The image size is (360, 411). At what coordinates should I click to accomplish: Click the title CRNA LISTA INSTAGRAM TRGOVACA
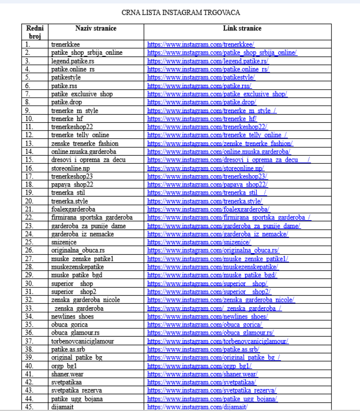point(181,13)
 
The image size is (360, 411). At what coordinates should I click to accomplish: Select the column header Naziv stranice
point(96,28)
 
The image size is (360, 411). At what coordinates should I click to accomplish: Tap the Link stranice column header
point(242,28)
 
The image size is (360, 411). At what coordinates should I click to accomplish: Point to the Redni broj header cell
point(35,32)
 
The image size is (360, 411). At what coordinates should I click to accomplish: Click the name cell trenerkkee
point(65,44)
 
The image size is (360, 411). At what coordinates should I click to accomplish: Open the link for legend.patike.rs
point(208,61)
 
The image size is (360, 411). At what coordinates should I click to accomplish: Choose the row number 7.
point(28,94)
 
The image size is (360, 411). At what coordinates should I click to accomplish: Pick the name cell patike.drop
point(67,102)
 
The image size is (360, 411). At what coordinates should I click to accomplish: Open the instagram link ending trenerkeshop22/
point(207,127)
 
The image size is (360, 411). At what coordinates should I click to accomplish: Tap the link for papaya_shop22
point(207,185)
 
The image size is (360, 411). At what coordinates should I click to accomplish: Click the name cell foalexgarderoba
point(73,209)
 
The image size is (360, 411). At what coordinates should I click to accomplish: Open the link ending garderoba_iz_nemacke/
point(218,234)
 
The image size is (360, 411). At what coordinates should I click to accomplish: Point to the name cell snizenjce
point(64,242)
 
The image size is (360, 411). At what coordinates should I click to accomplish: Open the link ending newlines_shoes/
point(208,316)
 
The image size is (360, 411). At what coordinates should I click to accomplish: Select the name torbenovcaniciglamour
point(83,341)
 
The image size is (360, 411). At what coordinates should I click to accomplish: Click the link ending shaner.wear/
point(203,374)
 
